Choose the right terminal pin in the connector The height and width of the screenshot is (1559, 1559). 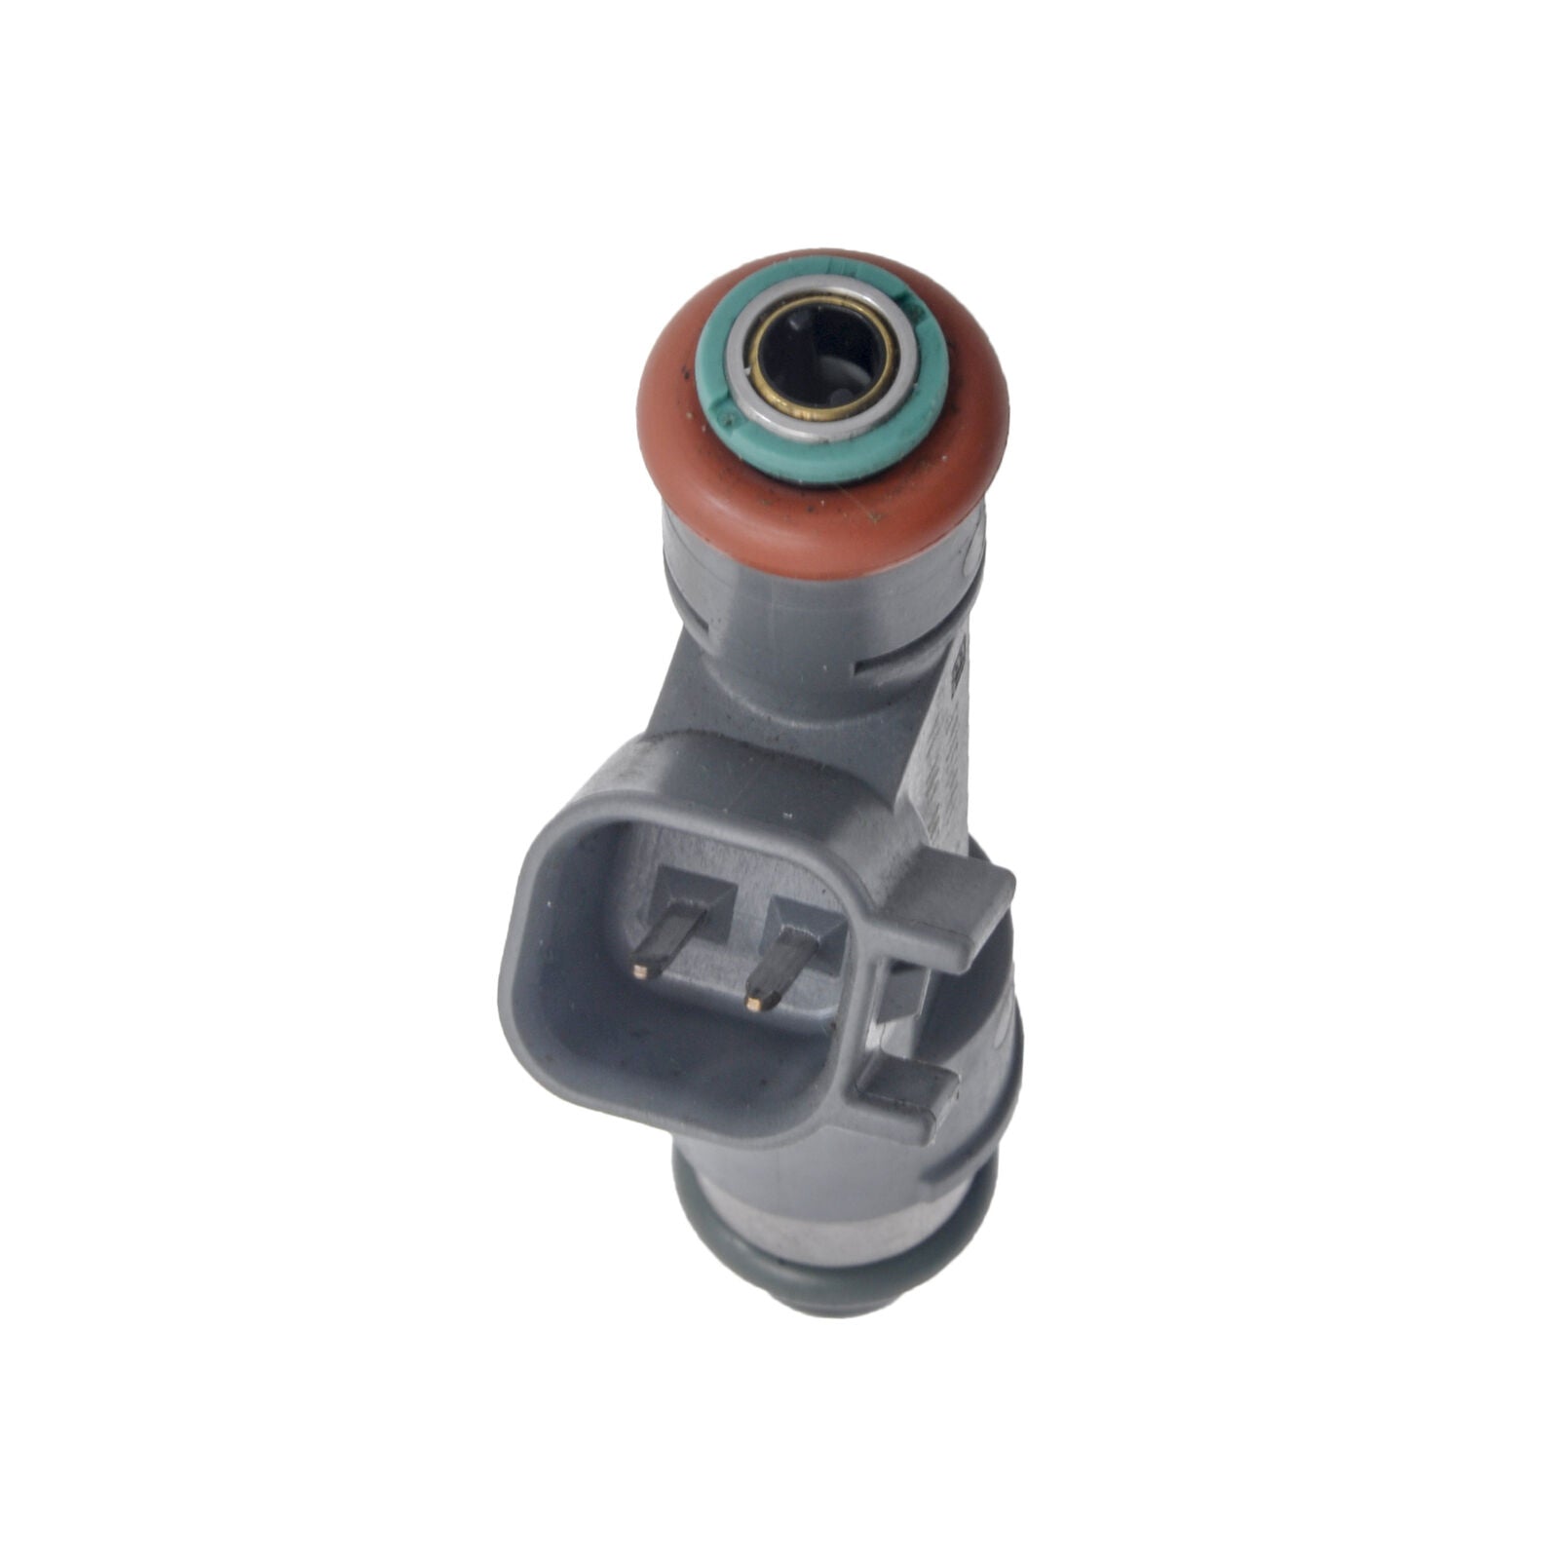pyautogui.click(x=779, y=965)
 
